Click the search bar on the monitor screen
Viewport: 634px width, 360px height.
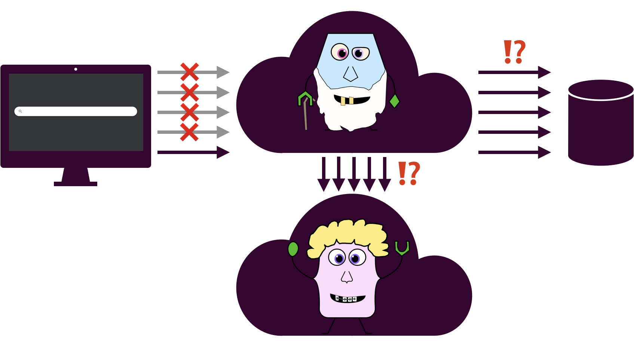pos(79,111)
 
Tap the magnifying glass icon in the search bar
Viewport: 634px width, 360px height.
pos(21,111)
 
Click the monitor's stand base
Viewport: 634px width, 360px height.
pos(76,184)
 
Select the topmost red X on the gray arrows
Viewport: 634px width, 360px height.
pos(190,72)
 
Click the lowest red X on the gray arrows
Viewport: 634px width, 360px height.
pos(189,132)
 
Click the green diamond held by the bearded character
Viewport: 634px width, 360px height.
pos(395,101)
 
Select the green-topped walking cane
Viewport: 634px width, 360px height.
pos(306,108)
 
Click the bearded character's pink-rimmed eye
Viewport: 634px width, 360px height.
pos(340,52)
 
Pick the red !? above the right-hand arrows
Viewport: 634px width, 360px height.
pos(515,52)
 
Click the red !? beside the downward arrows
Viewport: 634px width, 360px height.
pos(409,173)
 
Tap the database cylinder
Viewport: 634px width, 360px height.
pos(601,123)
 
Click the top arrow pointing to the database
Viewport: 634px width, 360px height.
pos(514,72)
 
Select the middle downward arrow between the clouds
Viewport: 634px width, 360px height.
pos(354,174)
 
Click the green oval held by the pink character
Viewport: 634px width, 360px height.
pos(293,249)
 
